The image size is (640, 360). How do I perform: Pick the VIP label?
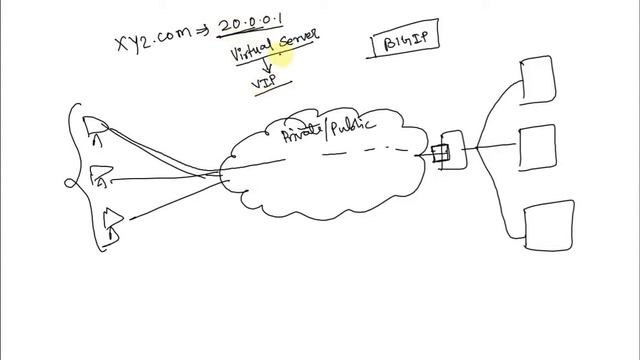click(x=265, y=83)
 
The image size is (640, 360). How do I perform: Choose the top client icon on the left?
click(x=97, y=125)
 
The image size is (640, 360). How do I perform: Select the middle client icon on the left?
click(x=103, y=178)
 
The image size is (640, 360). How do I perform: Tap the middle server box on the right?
click(x=537, y=149)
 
